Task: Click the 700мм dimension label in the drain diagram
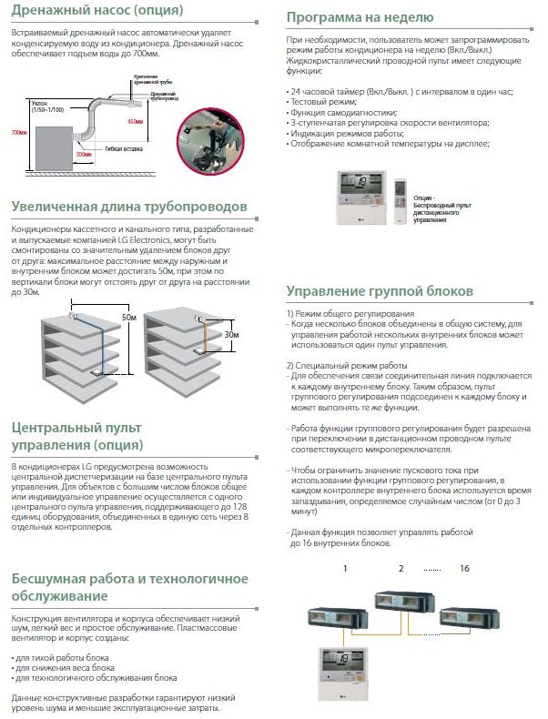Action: pyautogui.click(x=15, y=132)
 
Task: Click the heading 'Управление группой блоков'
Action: pyautogui.click(x=380, y=292)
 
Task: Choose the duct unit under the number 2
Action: pyautogui.click(x=400, y=599)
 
